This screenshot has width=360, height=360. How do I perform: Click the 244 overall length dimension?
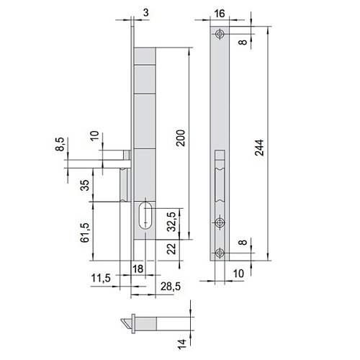[x=259, y=148]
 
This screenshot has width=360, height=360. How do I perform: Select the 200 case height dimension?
[x=181, y=138]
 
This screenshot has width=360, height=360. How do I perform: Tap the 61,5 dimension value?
[x=85, y=233]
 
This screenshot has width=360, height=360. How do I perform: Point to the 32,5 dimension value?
[x=172, y=222]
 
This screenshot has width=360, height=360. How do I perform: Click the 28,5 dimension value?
[x=171, y=287]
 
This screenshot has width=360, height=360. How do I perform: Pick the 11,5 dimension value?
[x=101, y=278]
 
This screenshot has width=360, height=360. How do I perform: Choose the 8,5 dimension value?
[x=60, y=144]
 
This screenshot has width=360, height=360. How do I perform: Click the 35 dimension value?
[x=85, y=185]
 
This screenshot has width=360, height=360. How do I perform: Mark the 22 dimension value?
[x=172, y=248]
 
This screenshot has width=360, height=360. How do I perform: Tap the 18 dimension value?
[x=138, y=269]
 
